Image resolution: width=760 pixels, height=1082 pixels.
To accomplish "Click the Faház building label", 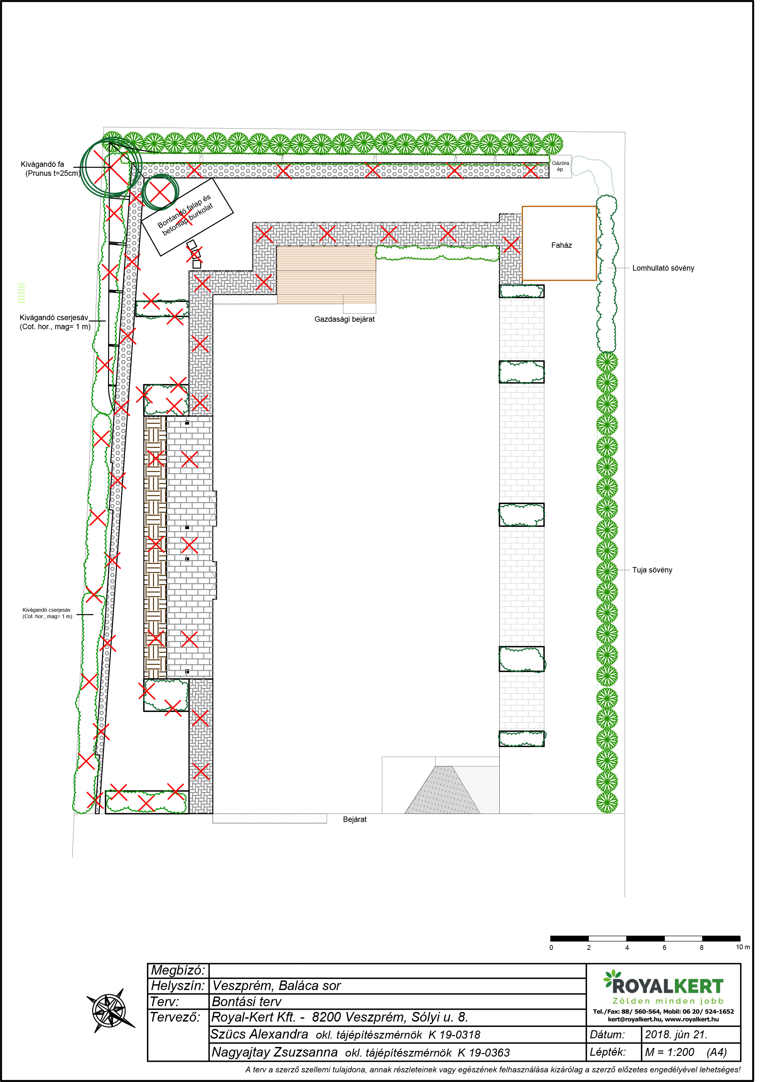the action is tap(565, 247).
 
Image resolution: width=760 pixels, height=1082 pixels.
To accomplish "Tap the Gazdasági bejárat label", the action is tap(347, 321).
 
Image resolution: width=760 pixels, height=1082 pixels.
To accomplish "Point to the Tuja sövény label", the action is tap(657, 574).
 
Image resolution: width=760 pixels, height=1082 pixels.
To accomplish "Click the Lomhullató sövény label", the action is tap(668, 270).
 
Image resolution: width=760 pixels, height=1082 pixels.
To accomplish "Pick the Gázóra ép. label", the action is tap(565, 167).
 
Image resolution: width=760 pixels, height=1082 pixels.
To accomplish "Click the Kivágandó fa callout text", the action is tap(51, 170).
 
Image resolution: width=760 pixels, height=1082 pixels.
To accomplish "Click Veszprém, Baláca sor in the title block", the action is tap(279, 993).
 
